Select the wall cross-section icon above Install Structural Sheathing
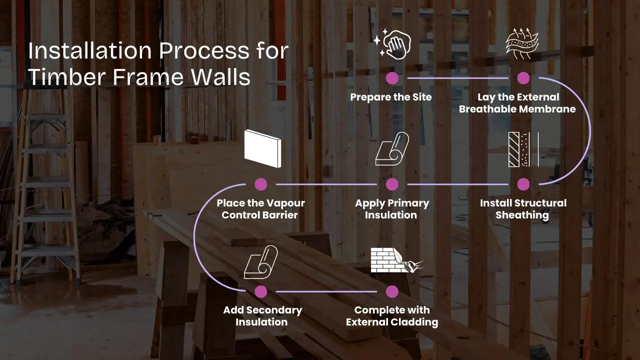click(523, 149)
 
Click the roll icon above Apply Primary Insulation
click(392, 149)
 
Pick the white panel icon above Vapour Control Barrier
click(262, 148)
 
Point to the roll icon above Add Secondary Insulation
click(260, 261)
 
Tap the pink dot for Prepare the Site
click(392, 78)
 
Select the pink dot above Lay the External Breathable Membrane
click(523, 78)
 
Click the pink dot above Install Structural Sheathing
click(523, 184)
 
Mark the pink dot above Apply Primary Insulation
click(392, 184)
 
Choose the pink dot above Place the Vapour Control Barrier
click(260, 184)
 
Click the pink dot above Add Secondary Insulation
click(260, 291)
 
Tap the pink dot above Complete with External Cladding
click(392, 291)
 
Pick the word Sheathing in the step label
click(522, 215)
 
